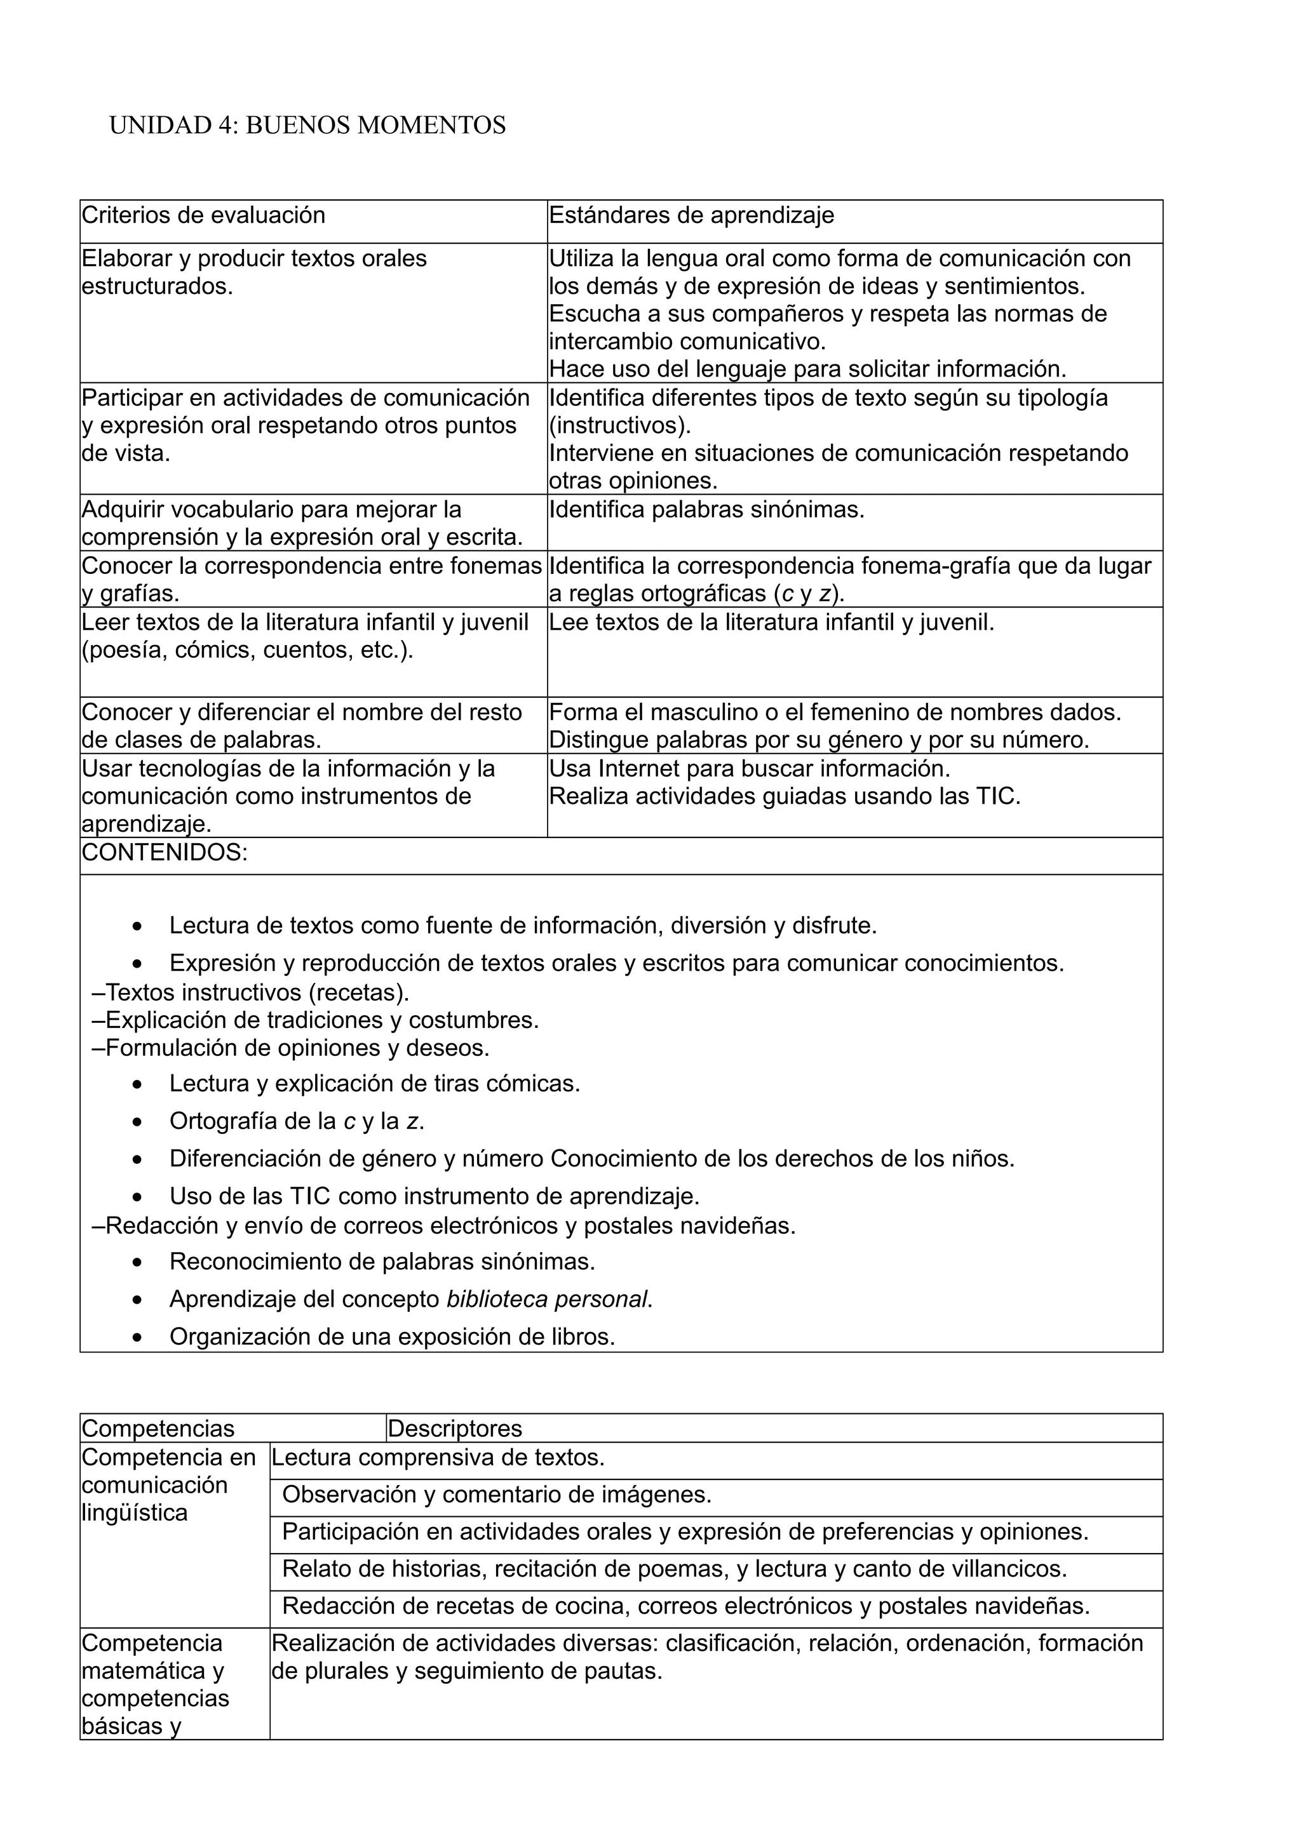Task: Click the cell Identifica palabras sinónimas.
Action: click(706, 510)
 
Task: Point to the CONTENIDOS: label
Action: click(165, 853)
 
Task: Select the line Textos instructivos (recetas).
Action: click(251, 992)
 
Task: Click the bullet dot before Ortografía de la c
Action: click(138, 1123)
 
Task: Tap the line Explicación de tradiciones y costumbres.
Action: click(315, 1020)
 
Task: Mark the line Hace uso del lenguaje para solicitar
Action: click(807, 369)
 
